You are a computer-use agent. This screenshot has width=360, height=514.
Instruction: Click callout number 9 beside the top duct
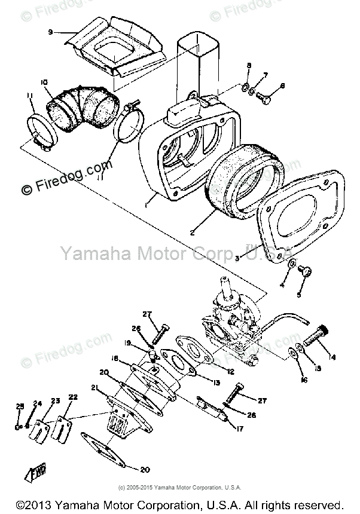click(51, 32)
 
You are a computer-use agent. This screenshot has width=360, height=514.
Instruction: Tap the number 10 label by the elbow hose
click(44, 82)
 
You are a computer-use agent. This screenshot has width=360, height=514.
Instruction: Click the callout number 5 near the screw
click(300, 295)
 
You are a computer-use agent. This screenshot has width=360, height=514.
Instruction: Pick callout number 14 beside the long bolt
click(332, 357)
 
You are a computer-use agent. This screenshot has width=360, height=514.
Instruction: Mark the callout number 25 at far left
click(19, 406)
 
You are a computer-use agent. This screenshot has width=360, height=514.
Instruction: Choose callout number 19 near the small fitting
click(127, 342)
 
